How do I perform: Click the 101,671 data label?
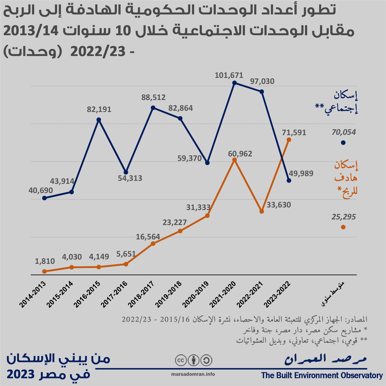(229, 76)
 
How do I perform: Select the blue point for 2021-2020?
(234, 83)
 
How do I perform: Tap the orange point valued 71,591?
(289, 140)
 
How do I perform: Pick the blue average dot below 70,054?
(343, 143)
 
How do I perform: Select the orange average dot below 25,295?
(343, 227)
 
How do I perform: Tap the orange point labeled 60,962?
(234, 160)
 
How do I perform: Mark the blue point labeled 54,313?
(126, 172)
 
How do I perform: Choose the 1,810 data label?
(45, 261)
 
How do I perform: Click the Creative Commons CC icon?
(180, 360)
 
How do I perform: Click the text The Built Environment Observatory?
(321, 375)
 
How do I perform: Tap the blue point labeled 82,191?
(99, 120)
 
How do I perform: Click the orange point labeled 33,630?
(262, 211)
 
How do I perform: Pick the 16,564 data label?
(148, 237)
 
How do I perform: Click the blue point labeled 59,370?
(207, 163)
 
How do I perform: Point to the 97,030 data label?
(262, 81)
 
